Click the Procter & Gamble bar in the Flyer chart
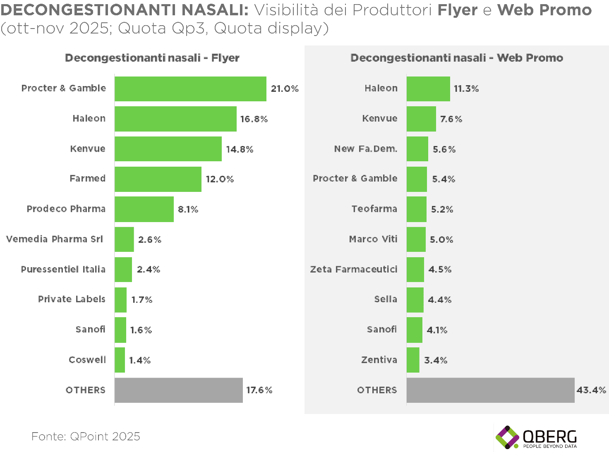(x=190, y=89)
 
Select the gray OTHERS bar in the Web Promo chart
(x=490, y=390)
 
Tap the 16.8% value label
(x=254, y=119)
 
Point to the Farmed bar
(x=158, y=179)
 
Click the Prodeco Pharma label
(x=66, y=209)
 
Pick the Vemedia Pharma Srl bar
(x=124, y=239)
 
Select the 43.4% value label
(x=591, y=390)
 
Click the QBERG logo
(x=537, y=437)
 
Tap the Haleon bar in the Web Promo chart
(x=428, y=89)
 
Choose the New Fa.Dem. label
(x=366, y=149)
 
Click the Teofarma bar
(x=416, y=209)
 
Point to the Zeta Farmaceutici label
(x=354, y=270)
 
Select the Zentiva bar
(x=413, y=360)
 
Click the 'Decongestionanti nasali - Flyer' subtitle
(x=152, y=58)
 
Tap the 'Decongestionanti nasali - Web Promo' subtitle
(x=457, y=58)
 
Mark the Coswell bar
(x=120, y=360)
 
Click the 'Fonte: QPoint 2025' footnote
(x=86, y=436)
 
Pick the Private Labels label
(x=72, y=299)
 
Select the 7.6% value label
(x=451, y=119)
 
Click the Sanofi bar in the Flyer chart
(x=120, y=330)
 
